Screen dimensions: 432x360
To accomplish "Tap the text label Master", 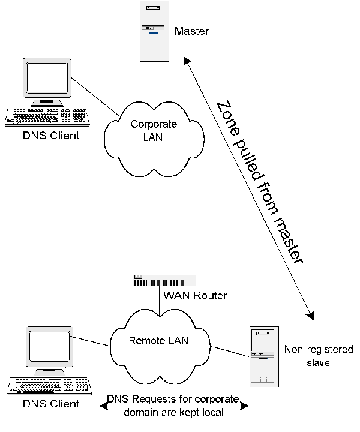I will click(x=191, y=31).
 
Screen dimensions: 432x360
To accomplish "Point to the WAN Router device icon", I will click(x=163, y=281).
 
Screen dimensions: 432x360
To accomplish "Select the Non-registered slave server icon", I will click(x=264, y=356).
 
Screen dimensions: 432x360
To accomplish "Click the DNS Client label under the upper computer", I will click(x=50, y=136).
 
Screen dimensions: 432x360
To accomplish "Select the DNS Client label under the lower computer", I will click(x=50, y=404).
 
